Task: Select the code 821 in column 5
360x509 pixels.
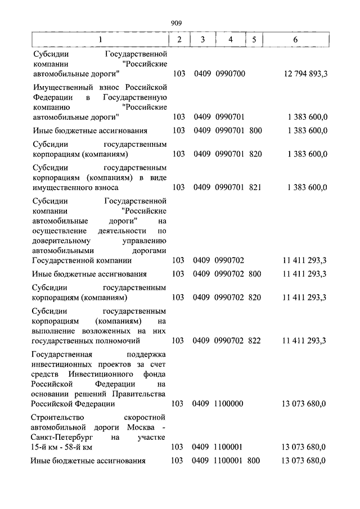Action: [x=255, y=187]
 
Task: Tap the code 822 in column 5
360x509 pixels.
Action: [x=255, y=340]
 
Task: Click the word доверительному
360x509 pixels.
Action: [x=60, y=240]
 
